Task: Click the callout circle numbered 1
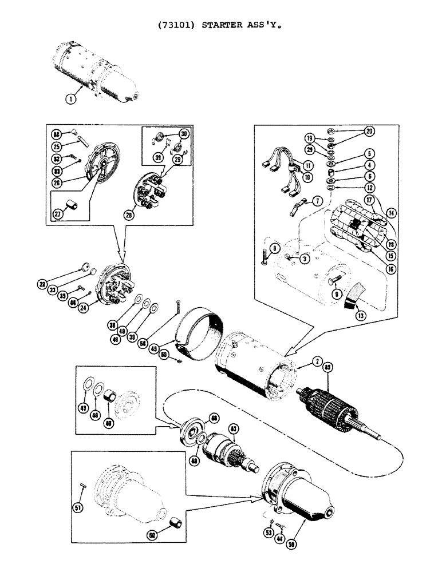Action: tap(70, 98)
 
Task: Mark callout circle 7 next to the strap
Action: tap(317, 201)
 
